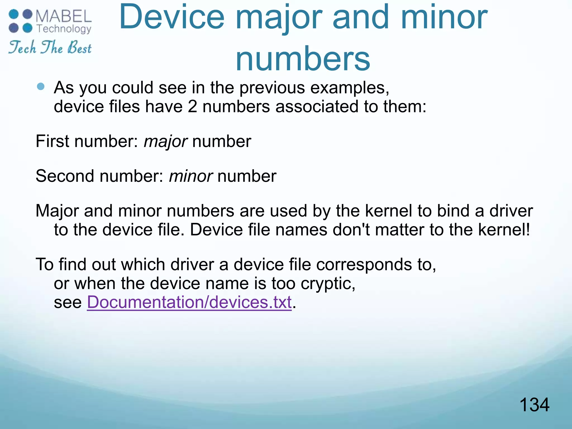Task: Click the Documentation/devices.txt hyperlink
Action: coord(189,302)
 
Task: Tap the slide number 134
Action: coord(534,405)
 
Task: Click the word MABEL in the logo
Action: coord(64,16)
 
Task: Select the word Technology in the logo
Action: coord(64,29)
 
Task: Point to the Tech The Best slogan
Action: coord(50,47)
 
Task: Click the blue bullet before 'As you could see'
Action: coord(41,86)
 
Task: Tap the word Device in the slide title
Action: coord(172,17)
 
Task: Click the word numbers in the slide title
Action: coord(303,58)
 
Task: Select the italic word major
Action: coord(165,141)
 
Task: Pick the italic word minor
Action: coord(191,176)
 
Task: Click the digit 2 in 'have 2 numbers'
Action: coord(192,107)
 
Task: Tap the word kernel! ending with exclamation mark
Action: coord(504,230)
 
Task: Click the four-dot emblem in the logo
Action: coord(21,21)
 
